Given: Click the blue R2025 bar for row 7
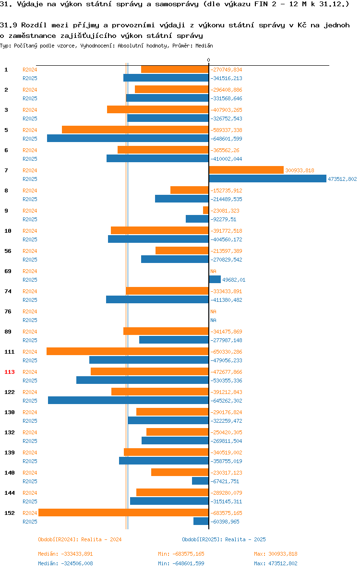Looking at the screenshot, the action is [x=267, y=179].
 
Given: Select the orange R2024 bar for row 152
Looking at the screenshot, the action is [x=124, y=512].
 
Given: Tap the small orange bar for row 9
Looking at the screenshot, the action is [x=206, y=211].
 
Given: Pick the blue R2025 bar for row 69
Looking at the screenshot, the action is [x=215, y=279].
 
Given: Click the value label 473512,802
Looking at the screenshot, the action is [x=342, y=179].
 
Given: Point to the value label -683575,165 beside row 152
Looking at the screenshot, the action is [x=226, y=513].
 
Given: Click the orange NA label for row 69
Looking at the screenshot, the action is [x=214, y=271].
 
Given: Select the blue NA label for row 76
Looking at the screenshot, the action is [x=214, y=320].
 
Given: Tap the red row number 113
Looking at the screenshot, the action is [x=10, y=372].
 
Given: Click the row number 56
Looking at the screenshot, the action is [x=8, y=251].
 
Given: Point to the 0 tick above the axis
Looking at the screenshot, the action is [x=209, y=60].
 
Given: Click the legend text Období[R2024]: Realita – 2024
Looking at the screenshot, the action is [x=80, y=539].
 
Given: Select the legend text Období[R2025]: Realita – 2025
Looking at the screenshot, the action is [x=224, y=539].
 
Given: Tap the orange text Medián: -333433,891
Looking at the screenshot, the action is [x=66, y=554].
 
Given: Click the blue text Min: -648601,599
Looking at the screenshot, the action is [x=181, y=563].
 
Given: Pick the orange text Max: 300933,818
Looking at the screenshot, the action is [x=276, y=554].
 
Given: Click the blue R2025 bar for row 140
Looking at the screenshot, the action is [x=200, y=481].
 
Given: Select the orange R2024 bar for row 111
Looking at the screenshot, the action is [x=128, y=351].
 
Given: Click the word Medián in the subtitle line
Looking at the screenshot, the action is [x=204, y=46].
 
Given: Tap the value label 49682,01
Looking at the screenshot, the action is [x=234, y=280].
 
